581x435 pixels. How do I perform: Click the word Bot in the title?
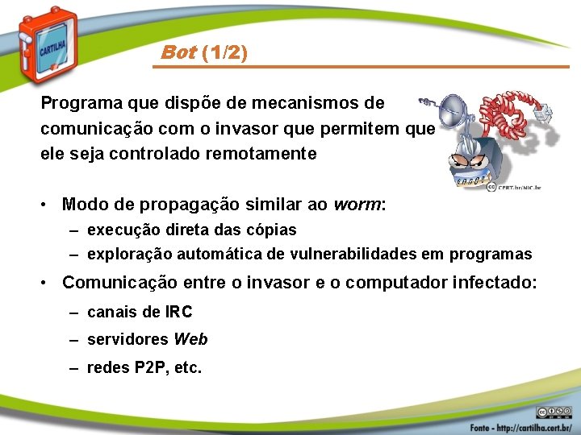[178, 54]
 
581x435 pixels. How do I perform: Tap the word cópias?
[270, 230]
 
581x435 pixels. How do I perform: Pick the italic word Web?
[190, 339]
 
